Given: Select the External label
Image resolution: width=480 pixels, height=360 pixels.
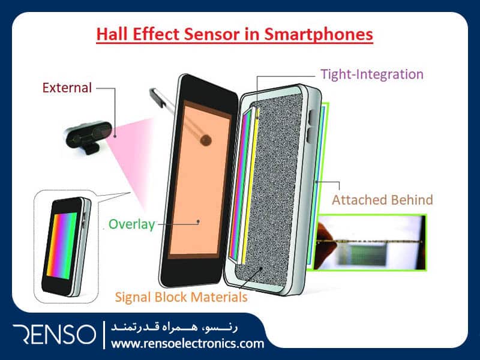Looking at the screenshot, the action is [x=67, y=88].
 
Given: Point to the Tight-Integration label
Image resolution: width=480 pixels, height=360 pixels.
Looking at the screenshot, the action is [x=371, y=74].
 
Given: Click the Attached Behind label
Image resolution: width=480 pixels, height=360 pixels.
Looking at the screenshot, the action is [x=382, y=200].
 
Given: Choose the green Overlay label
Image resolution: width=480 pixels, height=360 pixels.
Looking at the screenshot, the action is [x=132, y=224].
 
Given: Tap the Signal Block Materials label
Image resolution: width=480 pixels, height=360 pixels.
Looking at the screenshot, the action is [x=181, y=297].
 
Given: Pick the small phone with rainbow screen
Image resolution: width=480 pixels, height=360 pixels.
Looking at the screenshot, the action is [x=66, y=247].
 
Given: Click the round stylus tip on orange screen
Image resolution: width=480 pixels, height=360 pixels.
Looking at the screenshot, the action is [x=206, y=140].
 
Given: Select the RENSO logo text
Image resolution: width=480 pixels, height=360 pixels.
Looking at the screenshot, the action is [x=55, y=334].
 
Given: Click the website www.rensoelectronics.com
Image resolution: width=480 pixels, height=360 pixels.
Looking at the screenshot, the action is [x=187, y=343].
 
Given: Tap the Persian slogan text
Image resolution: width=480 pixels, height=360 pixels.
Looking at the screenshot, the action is [x=174, y=327].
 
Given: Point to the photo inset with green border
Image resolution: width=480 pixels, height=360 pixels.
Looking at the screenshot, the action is [x=371, y=242].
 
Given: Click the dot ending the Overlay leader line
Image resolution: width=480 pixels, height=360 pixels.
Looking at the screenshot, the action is [x=199, y=221].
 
